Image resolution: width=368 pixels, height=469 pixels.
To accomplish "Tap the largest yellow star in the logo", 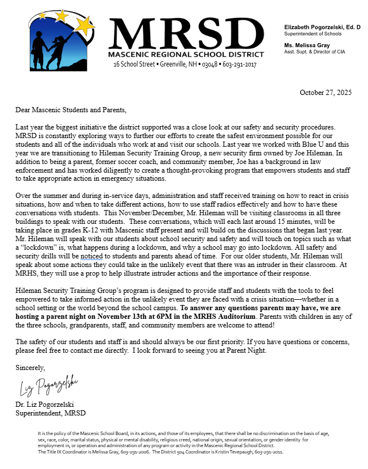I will (x=86, y=24).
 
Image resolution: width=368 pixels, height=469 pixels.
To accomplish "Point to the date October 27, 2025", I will (x=326, y=92).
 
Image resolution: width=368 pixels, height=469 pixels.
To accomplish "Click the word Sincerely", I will (x=30, y=367).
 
